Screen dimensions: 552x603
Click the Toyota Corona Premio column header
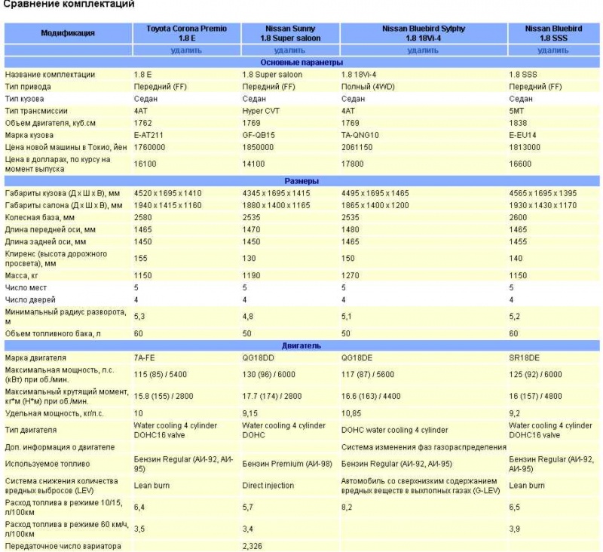point(186,32)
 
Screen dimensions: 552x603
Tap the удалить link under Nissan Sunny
point(290,51)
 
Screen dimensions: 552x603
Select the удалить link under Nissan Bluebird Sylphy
point(423,51)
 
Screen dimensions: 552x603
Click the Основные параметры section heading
point(301,63)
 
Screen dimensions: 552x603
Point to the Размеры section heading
point(301,182)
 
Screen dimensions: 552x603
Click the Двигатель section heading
point(301,345)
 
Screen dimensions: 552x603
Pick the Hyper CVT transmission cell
point(261,111)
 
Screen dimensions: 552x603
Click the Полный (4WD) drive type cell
point(368,87)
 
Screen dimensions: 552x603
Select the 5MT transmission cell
point(518,111)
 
